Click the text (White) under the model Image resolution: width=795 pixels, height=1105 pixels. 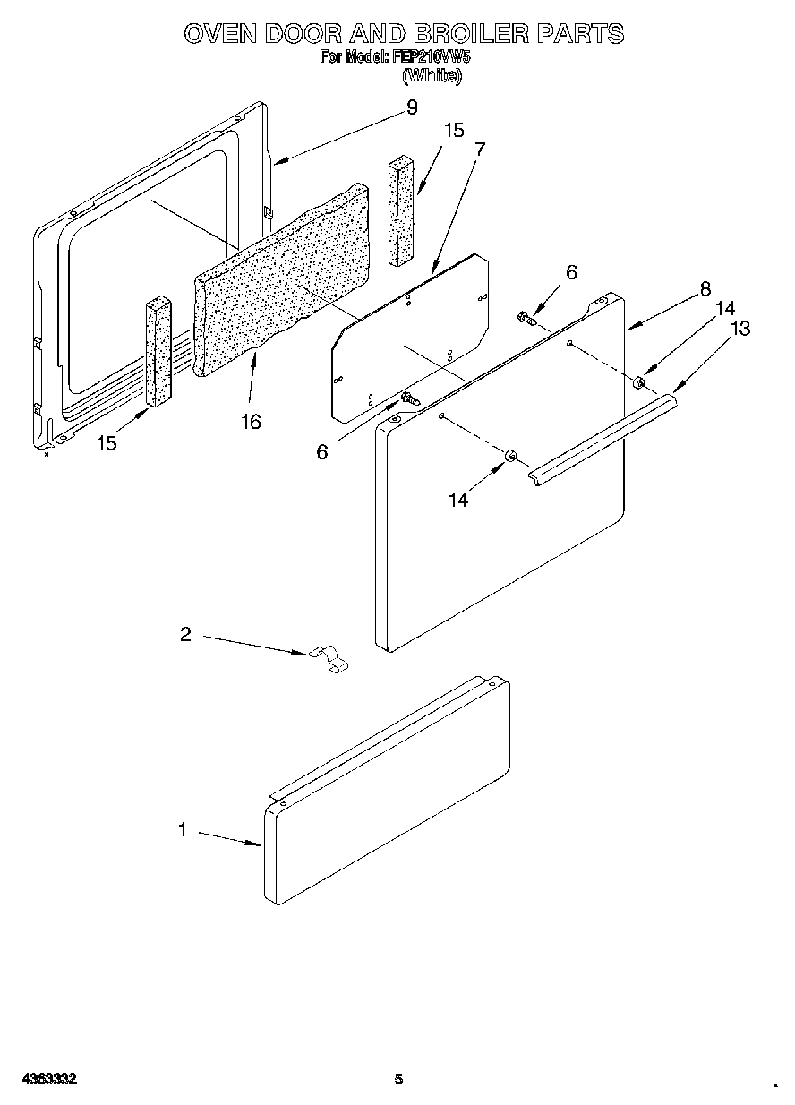(432, 76)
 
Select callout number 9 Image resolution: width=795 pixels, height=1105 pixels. (411, 107)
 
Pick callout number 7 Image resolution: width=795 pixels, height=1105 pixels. (480, 150)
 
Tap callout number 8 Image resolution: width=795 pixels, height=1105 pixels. (705, 288)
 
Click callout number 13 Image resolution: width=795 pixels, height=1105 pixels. (740, 329)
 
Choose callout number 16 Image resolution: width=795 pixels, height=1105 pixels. (252, 421)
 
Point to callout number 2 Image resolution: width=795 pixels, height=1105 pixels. (185, 634)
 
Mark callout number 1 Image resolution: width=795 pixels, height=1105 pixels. (183, 830)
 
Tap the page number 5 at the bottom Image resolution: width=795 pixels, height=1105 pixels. (398, 1079)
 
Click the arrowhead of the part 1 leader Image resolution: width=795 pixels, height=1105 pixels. (258, 844)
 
